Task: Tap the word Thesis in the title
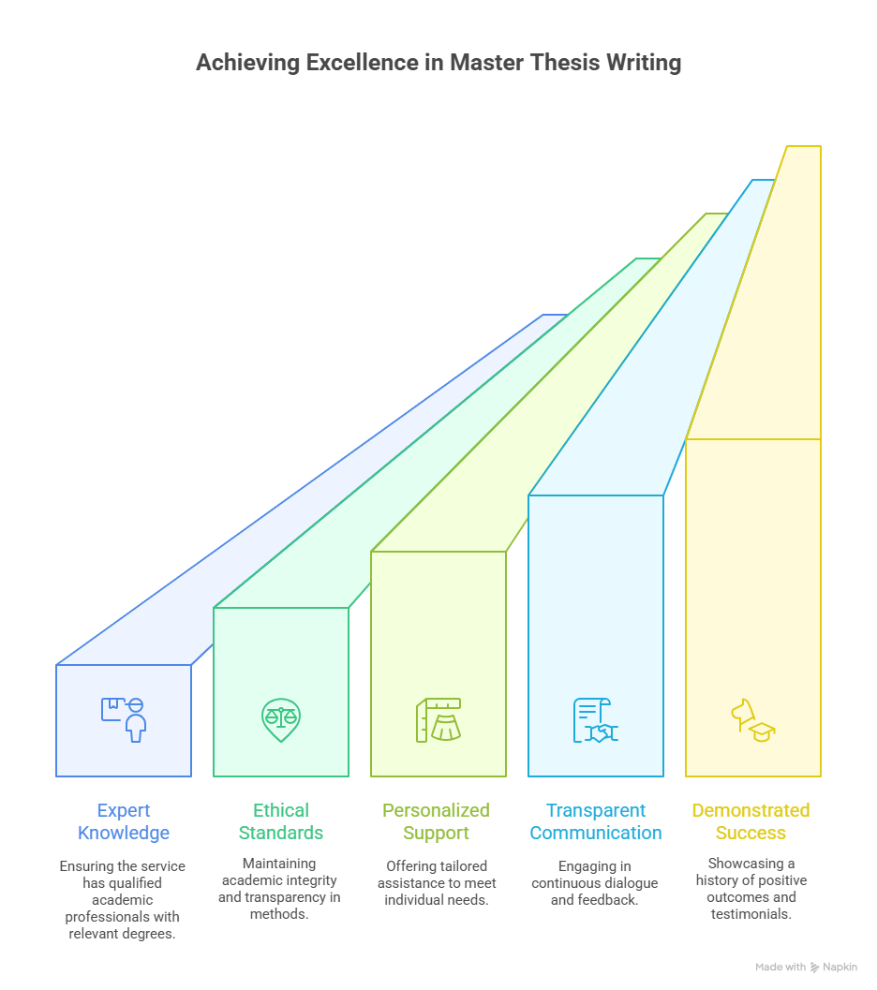pos(564,63)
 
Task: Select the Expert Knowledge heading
pos(124,821)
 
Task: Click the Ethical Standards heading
pos(281,821)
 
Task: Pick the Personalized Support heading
pos(437,821)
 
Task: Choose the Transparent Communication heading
pos(596,821)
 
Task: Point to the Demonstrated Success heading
pos(751,821)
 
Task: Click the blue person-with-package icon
pos(124,719)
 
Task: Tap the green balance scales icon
pos(281,719)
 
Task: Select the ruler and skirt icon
pos(438,719)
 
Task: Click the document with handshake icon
pos(595,719)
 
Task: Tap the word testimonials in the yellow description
pos(751,914)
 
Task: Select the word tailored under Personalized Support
pos(464,866)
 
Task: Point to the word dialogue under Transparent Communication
pos(628,883)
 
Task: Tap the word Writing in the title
pos(644,63)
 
